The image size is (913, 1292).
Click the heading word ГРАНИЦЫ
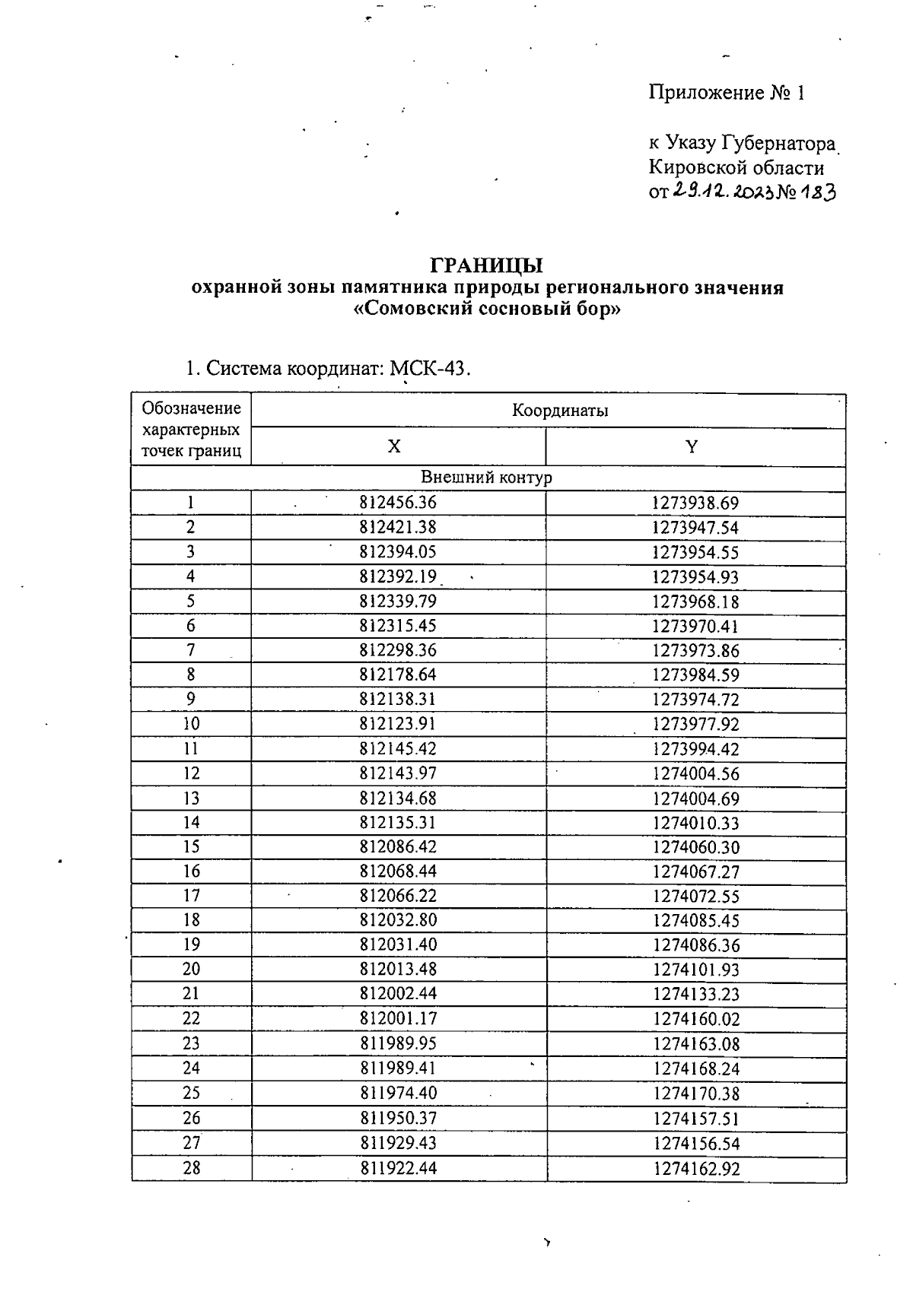click(x=487, y=265)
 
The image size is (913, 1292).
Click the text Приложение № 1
click(x=726, y=94)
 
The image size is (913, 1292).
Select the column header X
click(x=393, y=446)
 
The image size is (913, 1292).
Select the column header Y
click(x=691, y=446)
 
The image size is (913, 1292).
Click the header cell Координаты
click(x=560, y=411)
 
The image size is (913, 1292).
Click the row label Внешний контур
click(x=487, y=478)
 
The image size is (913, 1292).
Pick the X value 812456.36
click(x=398, y=503)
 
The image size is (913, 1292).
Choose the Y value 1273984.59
click(x=695, y=675)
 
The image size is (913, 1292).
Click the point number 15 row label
click(x=191, y=846)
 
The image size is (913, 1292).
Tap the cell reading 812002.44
click(x=398, y=993)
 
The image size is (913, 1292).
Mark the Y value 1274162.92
click(x=695, y=1169)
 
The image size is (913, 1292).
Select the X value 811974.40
click(x=398, y=1093)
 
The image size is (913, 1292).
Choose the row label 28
click(x=191, y=1168)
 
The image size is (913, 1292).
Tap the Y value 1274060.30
click(x=695, y=847)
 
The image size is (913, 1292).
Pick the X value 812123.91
click(x=398, y=723)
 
